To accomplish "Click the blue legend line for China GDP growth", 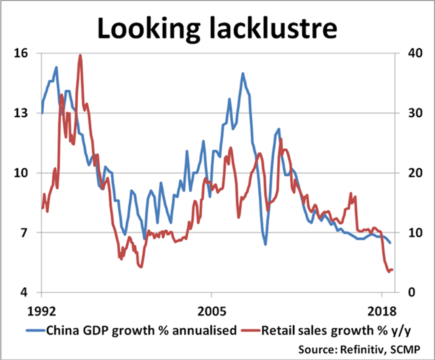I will pyautogui.click(x=35, y=330).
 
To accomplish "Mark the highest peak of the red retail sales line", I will pyautogui.click(x=80, y=55).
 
